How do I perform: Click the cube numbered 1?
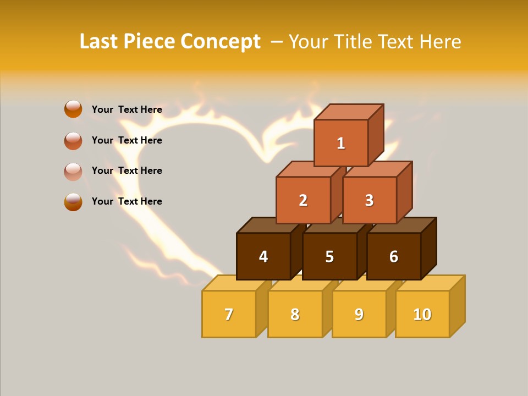click(341, 143)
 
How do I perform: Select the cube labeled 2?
click(303, 200)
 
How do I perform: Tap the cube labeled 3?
click(369, 200)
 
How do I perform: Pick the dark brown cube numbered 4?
click(263, 256)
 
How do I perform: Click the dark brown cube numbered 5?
click(329, 256)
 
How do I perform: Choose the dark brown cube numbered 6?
click(394, 256)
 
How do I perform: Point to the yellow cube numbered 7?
click(229, 314)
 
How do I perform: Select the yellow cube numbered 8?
click(295, 314)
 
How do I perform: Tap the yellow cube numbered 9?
click(359, 314)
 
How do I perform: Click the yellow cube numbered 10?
click(422, 314)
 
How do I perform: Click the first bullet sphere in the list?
click(73, 109)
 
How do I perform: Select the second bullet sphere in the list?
click(73, 141)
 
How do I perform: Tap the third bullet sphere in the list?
click(73, 171)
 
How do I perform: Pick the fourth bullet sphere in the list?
click(73, 202)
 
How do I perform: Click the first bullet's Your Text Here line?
click(127, 109)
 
